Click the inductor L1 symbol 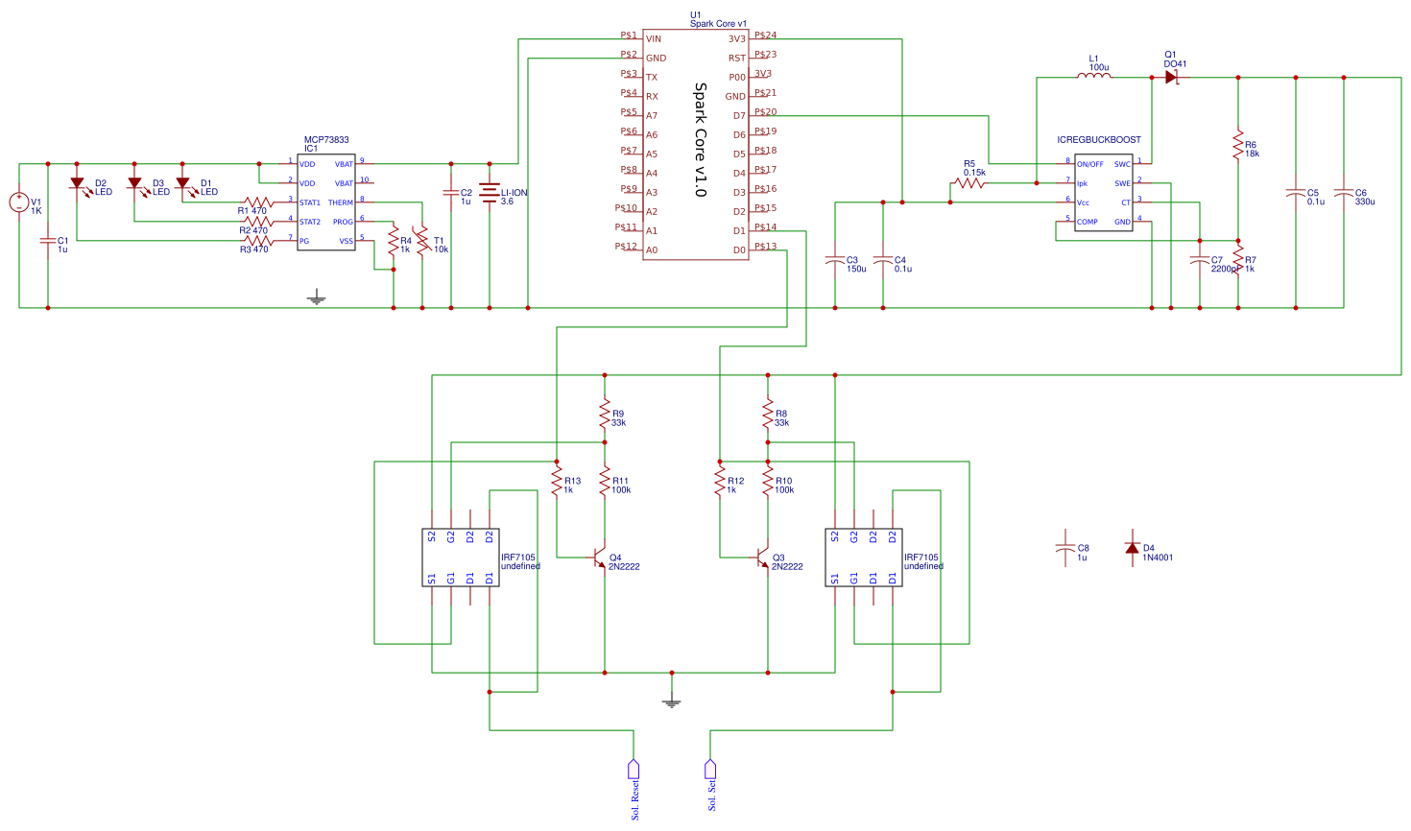tap(1093, 77)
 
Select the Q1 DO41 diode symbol tap(1171, 78)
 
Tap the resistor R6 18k tap(1238, 145)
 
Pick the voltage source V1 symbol tap(19, 202)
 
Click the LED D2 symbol tap(77, 183)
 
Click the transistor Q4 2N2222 tap(600, 558)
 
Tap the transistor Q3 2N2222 tap(763, 558)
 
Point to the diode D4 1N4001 tap(1133, 548)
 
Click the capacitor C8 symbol tap(1065, 548)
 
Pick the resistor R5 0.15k tap(969, 182)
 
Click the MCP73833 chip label tap(326, 140)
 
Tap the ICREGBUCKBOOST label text tap(1099, 140)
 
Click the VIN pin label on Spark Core tap(654, 39)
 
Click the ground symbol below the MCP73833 tap(317, 298)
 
